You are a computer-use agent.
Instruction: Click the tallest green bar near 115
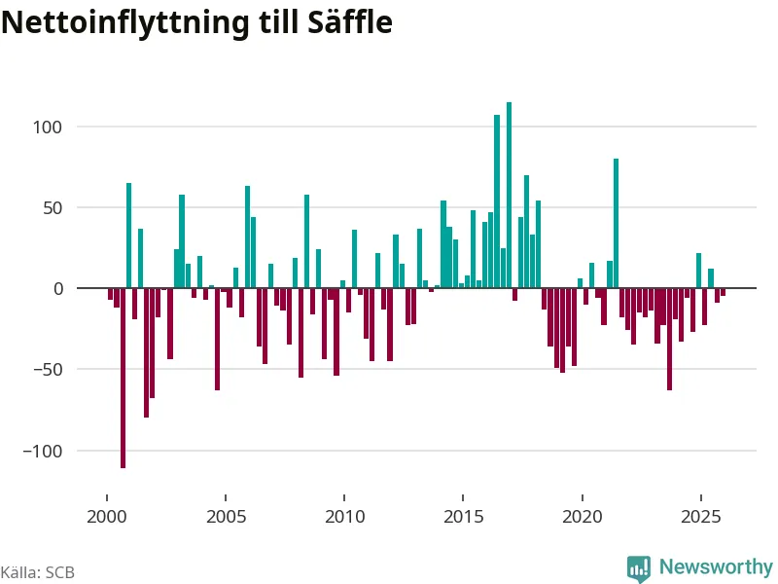(x=509, y=195)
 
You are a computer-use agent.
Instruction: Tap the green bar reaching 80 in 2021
(x=616, y=224)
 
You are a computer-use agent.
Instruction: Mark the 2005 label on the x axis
(x=226, y=516)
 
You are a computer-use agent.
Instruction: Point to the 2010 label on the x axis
(x=344, y=516)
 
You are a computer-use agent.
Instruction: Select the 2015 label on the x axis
(x=463, y=516)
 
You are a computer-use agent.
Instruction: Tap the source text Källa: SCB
(x=37, y=572)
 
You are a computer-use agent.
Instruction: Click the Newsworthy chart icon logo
(x=639, y=568)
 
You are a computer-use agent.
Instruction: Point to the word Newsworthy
(x=716, y=567)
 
